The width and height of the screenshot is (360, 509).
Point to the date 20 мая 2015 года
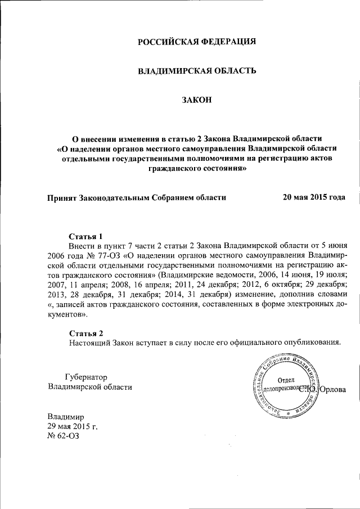point(314,197)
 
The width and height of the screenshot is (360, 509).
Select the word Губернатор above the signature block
point(86,377)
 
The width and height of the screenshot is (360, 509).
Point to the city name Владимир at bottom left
point(66,417)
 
